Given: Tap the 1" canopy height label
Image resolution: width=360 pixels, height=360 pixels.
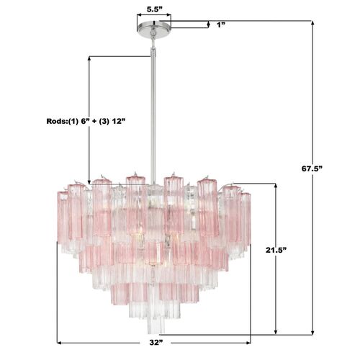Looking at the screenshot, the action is point(222,24).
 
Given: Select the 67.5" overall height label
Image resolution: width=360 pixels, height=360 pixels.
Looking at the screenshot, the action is point(312,168).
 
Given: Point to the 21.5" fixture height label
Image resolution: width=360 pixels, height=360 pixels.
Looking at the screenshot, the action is point(276,250).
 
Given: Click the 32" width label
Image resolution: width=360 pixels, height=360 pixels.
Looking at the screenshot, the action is point(156,343).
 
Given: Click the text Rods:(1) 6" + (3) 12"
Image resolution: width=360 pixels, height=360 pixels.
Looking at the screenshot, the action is point(86,121).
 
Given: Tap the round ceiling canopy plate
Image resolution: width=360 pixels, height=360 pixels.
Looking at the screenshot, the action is point(154,26).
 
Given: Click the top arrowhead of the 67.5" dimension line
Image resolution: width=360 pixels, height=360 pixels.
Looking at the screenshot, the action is point(312,23).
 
